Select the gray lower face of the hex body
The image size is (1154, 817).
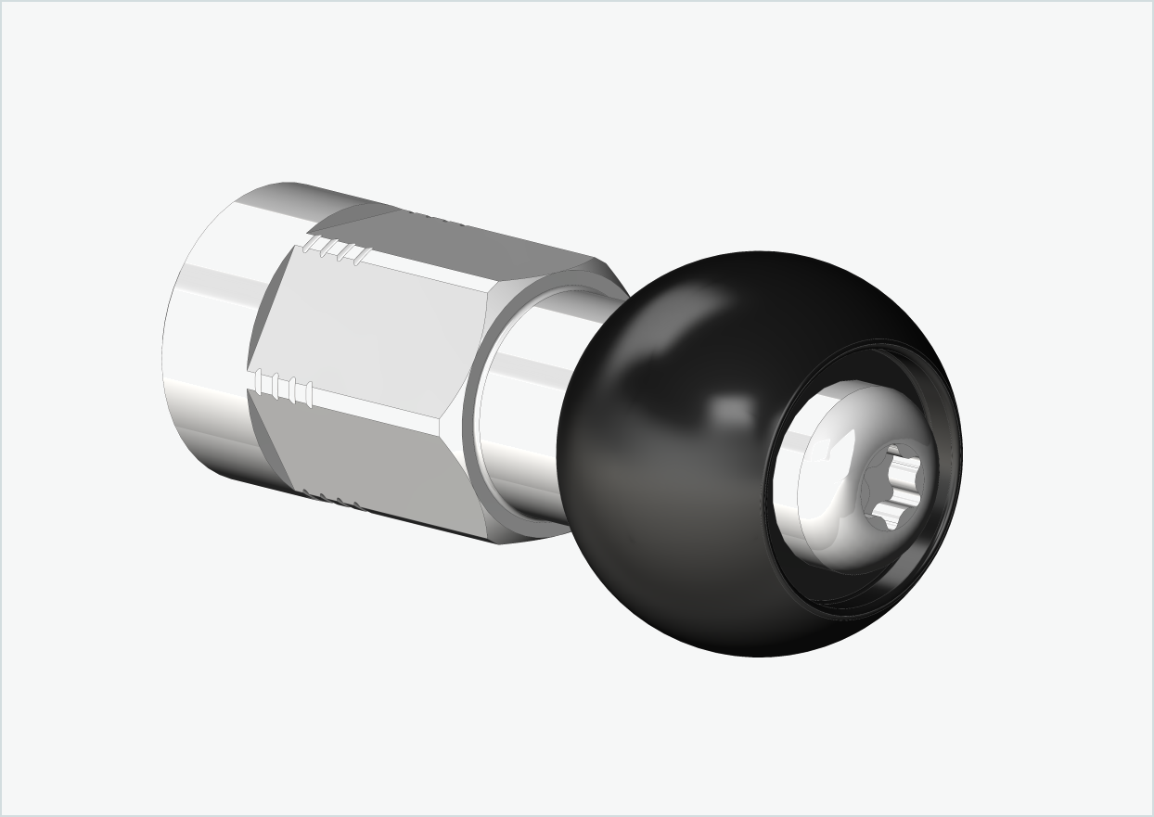(x=371, y=454)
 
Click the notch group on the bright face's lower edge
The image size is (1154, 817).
(x=284, y=389)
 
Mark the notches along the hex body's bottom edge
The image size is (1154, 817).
(x=334, y=501)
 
